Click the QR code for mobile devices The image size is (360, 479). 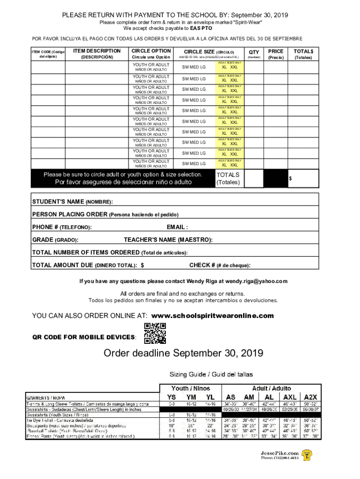click(154, 334)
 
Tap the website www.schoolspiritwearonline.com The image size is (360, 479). click(213, 316)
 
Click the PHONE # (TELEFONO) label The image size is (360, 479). click(61, 227)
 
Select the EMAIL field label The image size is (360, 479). click(177, 227)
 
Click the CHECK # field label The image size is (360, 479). click(219, 265)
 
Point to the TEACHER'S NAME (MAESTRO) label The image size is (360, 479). click(168, 240)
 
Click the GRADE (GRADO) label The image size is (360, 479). click(55, 240)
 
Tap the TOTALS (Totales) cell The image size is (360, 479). click(228, 178)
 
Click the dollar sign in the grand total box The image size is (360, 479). click(290, 179)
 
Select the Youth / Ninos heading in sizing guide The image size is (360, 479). click(191, 388)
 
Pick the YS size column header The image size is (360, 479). click(172, 397)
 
